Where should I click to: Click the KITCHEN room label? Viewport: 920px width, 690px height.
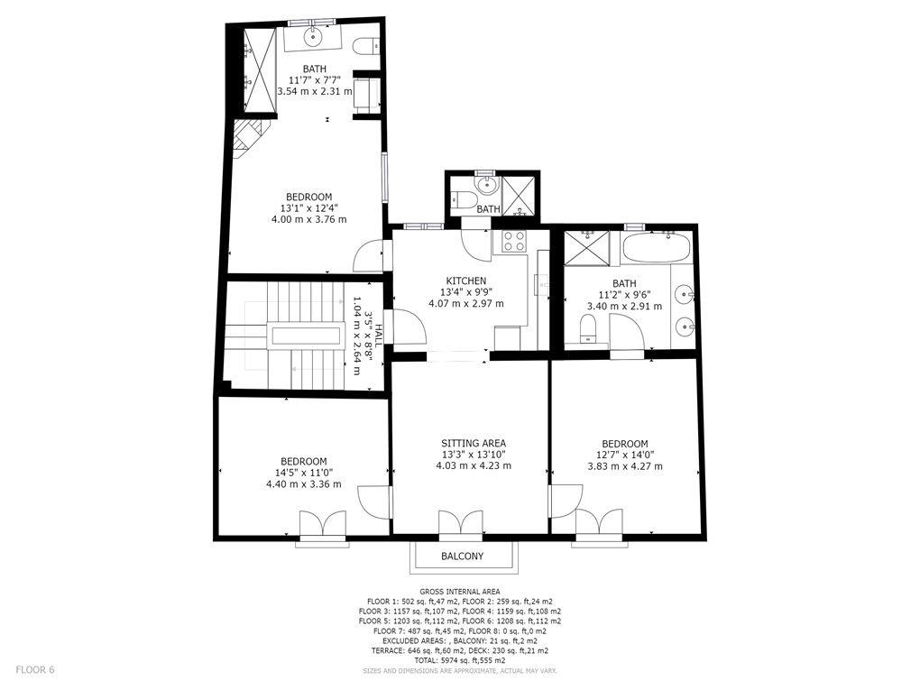(x=466, y=281)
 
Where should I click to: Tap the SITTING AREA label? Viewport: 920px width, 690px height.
(x=474, y=444)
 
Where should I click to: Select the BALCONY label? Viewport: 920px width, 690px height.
(x=463, y=557)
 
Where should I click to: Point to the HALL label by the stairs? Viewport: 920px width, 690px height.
(x=380, y=337)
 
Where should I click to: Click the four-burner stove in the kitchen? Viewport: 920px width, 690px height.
(x=514, y=241)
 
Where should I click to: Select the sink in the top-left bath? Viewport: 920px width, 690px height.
(x=314, y=37)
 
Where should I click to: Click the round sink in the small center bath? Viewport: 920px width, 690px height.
(x=486, y=186)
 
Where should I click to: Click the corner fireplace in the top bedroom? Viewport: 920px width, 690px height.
(x=250, y=139)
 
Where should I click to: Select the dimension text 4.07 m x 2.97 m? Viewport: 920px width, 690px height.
(x=466, y=303)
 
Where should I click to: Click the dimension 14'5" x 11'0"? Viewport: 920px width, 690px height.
(x=304, y=473)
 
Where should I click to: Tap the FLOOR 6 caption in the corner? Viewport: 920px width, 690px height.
(x=35, y=669)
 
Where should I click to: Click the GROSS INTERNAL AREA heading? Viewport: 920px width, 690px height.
(x=460, y=592)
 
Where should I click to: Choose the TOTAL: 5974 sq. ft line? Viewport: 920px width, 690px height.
(x=460, y=660)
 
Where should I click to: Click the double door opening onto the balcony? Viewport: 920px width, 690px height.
(x=461, y=525)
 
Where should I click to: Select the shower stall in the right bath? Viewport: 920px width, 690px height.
(x=587, y=249)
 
